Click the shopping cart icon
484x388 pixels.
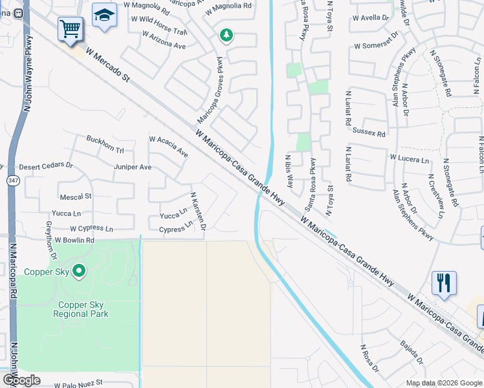(x=71, y=28)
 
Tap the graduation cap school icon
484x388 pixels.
(x=104, y=16)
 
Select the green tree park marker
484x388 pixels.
(x=226, y=35)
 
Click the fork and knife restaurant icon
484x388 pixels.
(x=444, y=283)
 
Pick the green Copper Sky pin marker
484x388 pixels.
(x=79, y=271)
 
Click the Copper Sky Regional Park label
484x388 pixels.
(x=83, y=309)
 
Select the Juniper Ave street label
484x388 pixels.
(x=133, y=167)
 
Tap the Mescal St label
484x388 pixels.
(x=76, y=195)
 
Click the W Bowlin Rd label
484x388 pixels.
(x=74, y=240)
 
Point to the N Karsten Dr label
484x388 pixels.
(x=198, y=211)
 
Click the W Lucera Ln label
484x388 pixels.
(x=409, y=158)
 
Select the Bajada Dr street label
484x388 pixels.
(x=412, y=352)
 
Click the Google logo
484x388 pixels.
(x=21, y=380)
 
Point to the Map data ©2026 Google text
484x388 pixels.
(x=444, y=383)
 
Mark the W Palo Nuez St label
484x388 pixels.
(x=78, y=384)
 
